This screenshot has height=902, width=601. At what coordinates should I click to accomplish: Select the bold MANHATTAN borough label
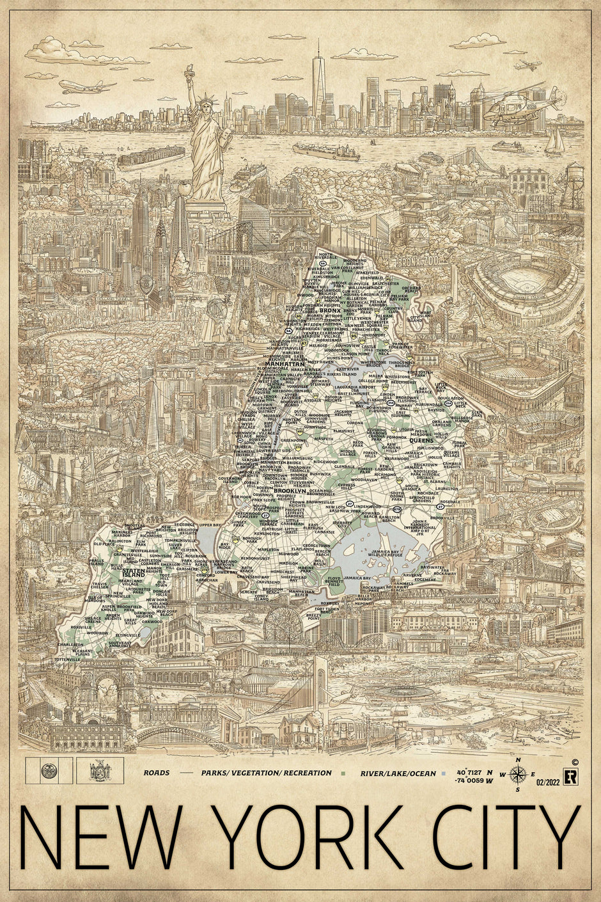[x=289, y=363]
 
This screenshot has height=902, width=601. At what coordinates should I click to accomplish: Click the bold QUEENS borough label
[x=421, y=440]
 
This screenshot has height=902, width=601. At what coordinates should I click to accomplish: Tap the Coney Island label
[x=263, y=598]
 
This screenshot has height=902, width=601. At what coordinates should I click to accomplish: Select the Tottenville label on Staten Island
[x=67, y=658]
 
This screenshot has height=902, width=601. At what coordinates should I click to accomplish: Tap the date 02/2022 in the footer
[x=549, y=782]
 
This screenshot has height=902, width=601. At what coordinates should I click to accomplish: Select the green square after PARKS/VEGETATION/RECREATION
[x=343, y=773]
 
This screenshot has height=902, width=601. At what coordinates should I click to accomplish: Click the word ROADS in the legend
[x=157, y=773]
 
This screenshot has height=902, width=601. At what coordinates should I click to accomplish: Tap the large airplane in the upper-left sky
[x=88, y=86]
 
